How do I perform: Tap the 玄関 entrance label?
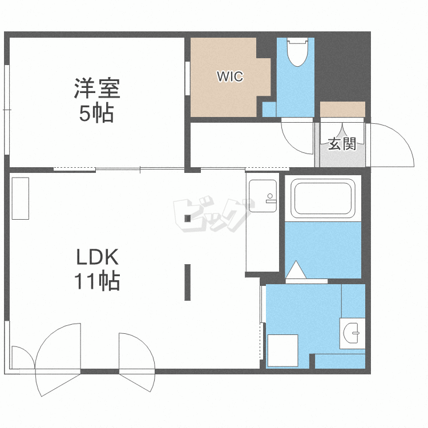coord(342,144)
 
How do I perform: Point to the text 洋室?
coord(96,91)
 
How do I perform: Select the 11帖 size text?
coord(96,281)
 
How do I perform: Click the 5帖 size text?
coord(96,114)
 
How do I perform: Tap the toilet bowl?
coord(296,52)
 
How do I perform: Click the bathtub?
coord(323,197)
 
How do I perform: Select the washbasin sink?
coord(353,332)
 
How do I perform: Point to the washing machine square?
coord(283,350)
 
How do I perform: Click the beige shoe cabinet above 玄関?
coord(342,109)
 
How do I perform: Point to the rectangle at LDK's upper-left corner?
coord(20,198)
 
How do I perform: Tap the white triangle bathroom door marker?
coord(296,270)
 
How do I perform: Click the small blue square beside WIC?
coord(269,109)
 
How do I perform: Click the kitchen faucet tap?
coord(270,198)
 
